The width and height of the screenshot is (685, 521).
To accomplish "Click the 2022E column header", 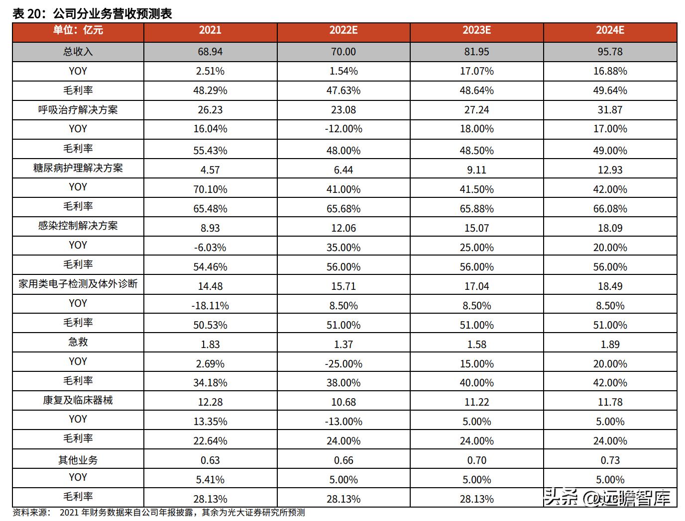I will point(343,30).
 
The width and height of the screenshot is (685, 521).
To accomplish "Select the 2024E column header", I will point(610,30).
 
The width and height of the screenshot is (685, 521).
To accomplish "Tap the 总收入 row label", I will point(78,52).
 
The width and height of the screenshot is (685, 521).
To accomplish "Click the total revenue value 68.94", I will point(210,52).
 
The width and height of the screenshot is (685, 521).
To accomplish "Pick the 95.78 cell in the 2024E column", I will point(610,52).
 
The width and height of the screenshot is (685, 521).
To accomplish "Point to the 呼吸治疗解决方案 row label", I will point(78,110).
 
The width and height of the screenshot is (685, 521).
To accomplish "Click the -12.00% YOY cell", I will point(343,129).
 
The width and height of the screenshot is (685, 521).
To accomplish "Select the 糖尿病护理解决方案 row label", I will point(78,168).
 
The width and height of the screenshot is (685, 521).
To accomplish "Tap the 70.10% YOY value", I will point(210,189).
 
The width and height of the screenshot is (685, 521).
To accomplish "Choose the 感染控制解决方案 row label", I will point(78,226).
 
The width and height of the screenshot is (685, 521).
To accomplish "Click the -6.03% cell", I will point(210,248).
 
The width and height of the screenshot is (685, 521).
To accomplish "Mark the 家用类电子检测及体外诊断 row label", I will point(78,284).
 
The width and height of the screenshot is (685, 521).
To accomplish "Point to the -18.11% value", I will point(210,306).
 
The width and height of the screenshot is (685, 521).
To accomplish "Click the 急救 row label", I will point(78,343).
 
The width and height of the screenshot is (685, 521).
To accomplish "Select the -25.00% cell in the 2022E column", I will point(343,364).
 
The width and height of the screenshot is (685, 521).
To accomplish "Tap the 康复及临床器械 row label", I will point(78,401).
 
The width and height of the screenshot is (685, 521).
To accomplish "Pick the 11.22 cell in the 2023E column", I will point(476,402).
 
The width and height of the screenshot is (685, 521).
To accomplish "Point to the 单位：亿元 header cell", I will point(78,30).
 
